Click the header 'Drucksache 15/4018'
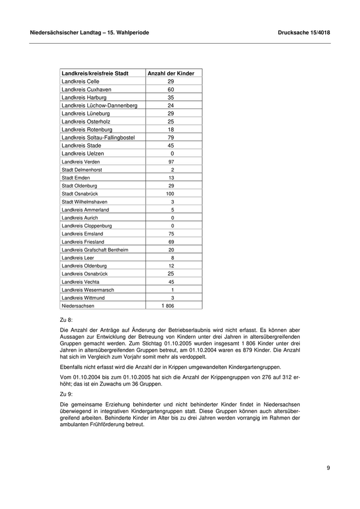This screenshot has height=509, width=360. [303, 33]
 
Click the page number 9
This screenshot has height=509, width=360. [328, 468]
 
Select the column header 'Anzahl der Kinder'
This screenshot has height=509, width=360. [171, 74]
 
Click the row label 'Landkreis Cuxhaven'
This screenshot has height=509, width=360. [86, 89]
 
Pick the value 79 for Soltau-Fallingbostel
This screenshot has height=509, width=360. [171, 138]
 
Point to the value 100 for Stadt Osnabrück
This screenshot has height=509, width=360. [170, 194]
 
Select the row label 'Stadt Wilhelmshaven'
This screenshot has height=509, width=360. [84, 202]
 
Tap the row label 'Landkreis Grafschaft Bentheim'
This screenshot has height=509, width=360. [95, 250]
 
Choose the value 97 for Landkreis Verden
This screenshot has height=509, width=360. [171, 162]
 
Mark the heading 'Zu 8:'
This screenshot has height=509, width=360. [67, 320]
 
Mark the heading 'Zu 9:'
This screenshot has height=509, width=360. [67, 395]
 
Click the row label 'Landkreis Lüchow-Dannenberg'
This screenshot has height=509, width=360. [99, 105]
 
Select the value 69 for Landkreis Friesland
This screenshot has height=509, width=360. [172, 242]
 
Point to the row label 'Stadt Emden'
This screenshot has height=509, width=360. [76, 178]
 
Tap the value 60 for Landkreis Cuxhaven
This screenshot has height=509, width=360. [171, 89]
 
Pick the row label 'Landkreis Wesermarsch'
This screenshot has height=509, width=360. [88, 290]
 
